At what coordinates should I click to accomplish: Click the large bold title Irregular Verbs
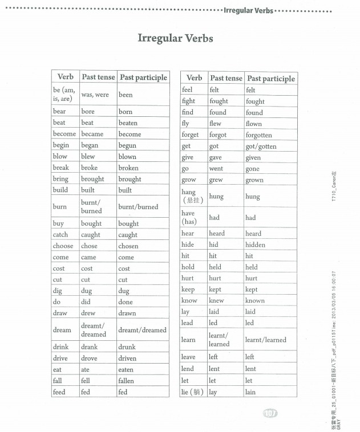tap(175, 39)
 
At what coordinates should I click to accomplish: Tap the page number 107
tap(269, 413)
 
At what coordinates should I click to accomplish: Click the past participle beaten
tap(128, 123)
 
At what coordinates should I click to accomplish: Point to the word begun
tap(127, 145)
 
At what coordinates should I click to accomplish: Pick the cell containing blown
tap(127, 157)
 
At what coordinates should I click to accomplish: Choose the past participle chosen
tap(128, 246)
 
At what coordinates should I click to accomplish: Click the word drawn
tap(127, 313)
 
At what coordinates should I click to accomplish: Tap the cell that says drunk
tap(127, 347)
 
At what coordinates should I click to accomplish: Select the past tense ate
tap(86, 369)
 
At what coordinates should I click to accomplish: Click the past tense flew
tap(215, 124)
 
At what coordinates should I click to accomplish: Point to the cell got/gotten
tap(261, 146)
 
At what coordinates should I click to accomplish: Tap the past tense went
tap(216, 169)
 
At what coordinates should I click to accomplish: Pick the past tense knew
tap(217, 300)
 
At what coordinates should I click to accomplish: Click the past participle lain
tap(250, 392)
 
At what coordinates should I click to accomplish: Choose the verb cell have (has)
tap(189, 217)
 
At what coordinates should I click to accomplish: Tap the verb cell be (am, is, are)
tap(64, 95)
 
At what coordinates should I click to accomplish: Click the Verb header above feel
tap(194, 78)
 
